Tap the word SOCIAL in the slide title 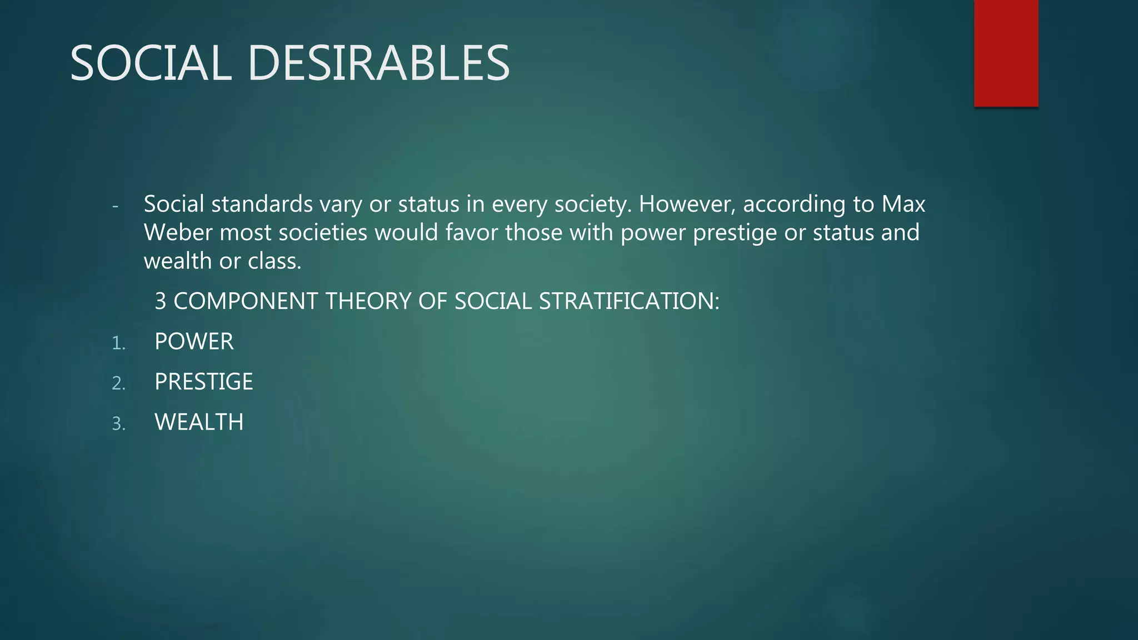tap(151, 63)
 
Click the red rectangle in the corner tap(1006, 53)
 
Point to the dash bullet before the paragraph tap(115, 207)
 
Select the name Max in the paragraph tap(904, 204)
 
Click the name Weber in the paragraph tap(178, 232)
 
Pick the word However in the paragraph tap(687, 204)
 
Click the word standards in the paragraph tap(262, 204)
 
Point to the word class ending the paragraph tap(274, 261)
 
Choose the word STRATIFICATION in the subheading tap(629, 301)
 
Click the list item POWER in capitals tap(194, 342)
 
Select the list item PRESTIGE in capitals tap(203, 382)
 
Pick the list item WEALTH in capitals tap(199, 422)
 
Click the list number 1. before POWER tap(118, 343)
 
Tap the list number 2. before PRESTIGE tap(118, 383)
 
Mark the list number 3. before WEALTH tap(118, 424)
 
